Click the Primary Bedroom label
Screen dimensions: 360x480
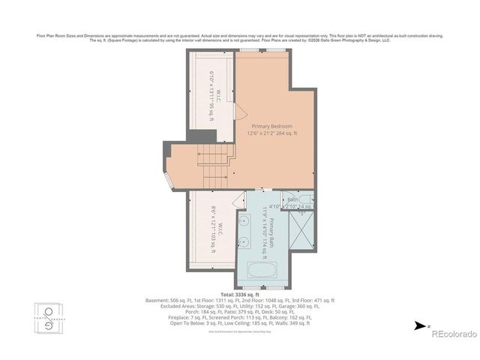coord(271,126)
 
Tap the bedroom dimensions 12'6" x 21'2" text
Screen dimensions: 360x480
coord(271,133)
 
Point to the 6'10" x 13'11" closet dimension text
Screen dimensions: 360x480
coord(212,91)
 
